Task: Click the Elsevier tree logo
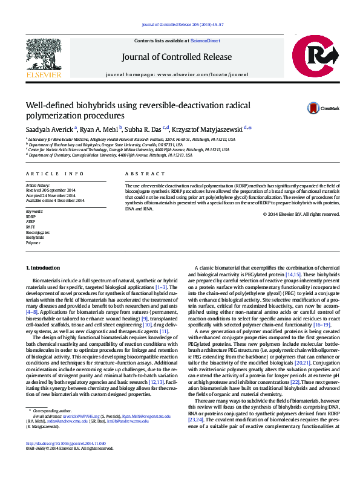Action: tap(44, 56)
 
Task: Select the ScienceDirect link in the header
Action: tap(206, 40)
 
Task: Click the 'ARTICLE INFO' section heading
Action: tap(50, 173)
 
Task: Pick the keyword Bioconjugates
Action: tap(38, 232)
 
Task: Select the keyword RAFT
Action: tap(30, 227)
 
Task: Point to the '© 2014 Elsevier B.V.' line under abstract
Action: tap(299, 214)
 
